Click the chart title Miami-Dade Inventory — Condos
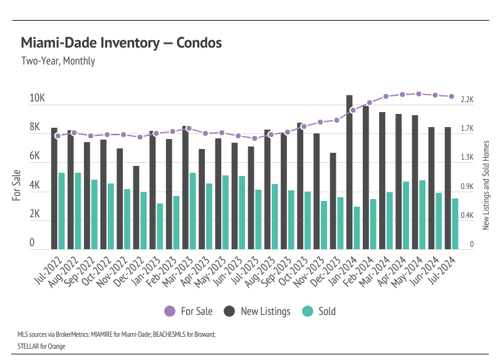(122, 43)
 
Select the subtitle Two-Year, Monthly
(58, 61)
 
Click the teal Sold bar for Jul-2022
(61, 211)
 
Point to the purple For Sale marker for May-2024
(419, 94)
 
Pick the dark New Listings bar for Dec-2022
(136, 207)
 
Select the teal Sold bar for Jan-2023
(160, 226)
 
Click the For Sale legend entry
(188, 311)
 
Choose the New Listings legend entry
(257, 311)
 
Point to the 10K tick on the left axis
(37, 99)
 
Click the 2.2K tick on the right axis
(467, 100)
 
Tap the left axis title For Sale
(17, 185)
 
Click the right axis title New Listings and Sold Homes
(486, 185)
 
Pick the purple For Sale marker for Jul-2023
(254, 138)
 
